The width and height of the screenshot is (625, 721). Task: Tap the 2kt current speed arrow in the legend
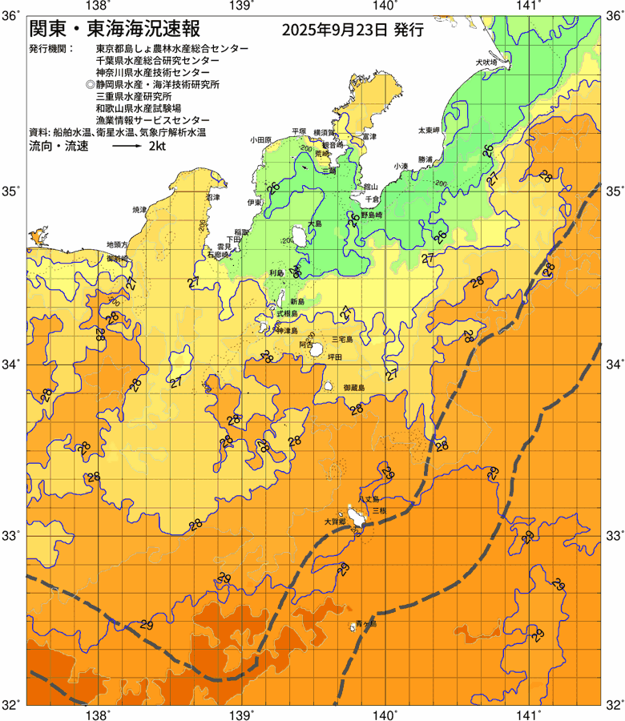127,147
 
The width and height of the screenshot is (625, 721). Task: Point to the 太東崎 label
429,130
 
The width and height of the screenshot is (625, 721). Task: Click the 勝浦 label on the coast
425,159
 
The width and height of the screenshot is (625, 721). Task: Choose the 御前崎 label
118,259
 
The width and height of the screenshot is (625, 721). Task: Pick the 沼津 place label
212,196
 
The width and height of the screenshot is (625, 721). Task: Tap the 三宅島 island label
342,340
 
